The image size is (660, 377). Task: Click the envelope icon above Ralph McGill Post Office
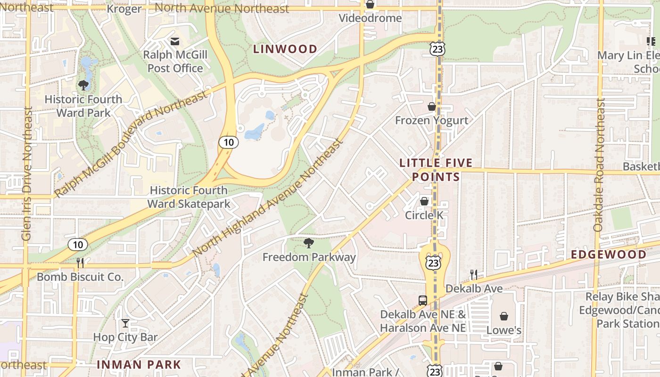[175, 41]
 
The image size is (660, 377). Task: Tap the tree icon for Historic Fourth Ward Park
[83, 85]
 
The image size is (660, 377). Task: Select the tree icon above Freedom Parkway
[309, 243]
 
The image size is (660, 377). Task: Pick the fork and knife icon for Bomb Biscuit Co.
[80, 262]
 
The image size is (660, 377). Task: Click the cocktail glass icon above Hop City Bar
[125, 323]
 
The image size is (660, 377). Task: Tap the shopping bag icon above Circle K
[424, 201]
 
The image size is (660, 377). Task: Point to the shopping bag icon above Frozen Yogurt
[431, 107]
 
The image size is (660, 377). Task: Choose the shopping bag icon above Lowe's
[504, 316]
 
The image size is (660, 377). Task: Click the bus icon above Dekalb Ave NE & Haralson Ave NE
[423, 300]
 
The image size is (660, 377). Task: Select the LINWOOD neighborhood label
[285, 49]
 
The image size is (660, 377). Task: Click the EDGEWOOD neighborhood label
[609, 254]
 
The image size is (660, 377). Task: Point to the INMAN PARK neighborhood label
[139, 364]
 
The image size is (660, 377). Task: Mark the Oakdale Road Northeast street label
[599, 164]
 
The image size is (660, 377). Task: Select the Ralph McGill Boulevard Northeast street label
[131, 144]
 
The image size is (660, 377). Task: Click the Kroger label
[124, 9]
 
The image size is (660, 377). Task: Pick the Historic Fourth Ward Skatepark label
[189, 197]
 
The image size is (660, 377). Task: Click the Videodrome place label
[371, 18]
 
